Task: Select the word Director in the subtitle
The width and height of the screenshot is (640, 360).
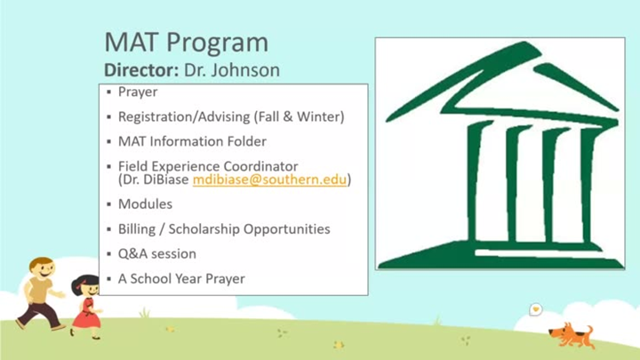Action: (141, 70)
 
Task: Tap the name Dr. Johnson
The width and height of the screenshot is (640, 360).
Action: (232, 70)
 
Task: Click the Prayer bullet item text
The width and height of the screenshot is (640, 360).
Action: (138, 92)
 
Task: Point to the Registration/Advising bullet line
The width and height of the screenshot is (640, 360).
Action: (231, 117)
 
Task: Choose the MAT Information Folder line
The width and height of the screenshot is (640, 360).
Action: (192, 141)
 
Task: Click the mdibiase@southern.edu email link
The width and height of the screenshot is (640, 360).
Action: (269, 180)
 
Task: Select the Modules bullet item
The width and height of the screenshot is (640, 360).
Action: (145, 204)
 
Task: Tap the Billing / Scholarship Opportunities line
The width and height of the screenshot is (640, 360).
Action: (224, 229)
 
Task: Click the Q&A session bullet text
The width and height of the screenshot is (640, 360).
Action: (157, 254)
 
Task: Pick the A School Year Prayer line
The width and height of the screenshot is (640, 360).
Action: (181, 279)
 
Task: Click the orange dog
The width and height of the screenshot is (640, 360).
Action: (572, 335)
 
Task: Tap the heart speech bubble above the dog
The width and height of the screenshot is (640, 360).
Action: (535, 309)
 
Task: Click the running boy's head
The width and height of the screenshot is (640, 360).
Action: (42, 269)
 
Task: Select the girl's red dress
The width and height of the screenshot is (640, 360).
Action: (85, 314)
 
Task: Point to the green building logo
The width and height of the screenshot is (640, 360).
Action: (500, 155)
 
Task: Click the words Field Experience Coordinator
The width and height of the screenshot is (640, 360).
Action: (208, 166)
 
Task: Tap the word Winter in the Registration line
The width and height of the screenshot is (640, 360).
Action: (318, 116)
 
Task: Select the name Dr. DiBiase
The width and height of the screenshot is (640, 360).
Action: (156, 180)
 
